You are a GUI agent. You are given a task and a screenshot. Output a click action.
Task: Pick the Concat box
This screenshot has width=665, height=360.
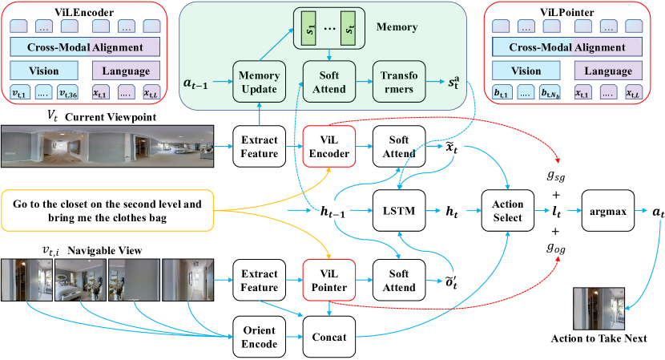tap(328, 337)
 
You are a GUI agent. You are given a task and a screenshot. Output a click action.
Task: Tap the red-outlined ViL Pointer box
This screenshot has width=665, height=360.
tap(328, 281)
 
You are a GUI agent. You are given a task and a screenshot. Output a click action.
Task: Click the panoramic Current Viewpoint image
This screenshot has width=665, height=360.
tap(109, 150)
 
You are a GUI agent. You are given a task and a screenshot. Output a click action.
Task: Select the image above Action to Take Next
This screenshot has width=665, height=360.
tap(598, 302)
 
